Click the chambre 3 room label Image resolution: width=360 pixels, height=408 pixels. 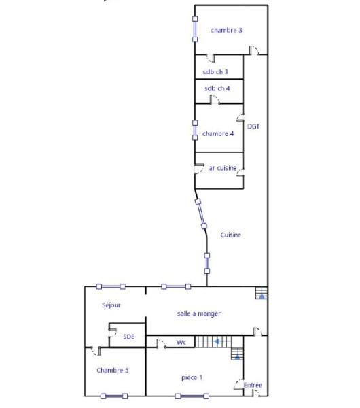(226, 30)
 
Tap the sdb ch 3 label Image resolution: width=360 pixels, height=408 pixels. (215, 71)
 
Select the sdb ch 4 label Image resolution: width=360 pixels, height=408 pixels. (217, 88)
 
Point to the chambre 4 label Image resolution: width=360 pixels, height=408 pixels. (218, 133)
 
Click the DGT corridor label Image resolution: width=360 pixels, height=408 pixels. (253, 126)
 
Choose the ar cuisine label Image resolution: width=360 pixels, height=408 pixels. (223, 168)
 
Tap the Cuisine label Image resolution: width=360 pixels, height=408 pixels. (230, 235)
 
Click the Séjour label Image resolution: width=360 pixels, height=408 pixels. (111, 305)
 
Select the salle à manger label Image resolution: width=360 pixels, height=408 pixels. (198, 313)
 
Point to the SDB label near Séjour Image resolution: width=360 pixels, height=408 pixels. (128, 337)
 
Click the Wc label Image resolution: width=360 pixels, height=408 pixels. (181, 342)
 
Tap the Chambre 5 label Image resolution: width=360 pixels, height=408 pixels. (113, 370)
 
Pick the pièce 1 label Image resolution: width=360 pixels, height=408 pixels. (192, 377)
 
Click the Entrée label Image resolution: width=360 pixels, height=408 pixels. (253, 385)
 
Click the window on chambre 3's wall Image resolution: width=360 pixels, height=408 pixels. (195, 29)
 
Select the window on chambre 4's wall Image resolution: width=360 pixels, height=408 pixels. (195, 130)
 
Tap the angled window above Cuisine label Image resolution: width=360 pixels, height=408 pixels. (201, 214)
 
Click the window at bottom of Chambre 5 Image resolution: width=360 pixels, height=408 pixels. (114, 396)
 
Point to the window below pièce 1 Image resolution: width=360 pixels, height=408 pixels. (192, 396)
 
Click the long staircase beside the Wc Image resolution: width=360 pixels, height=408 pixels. (213, 341)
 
